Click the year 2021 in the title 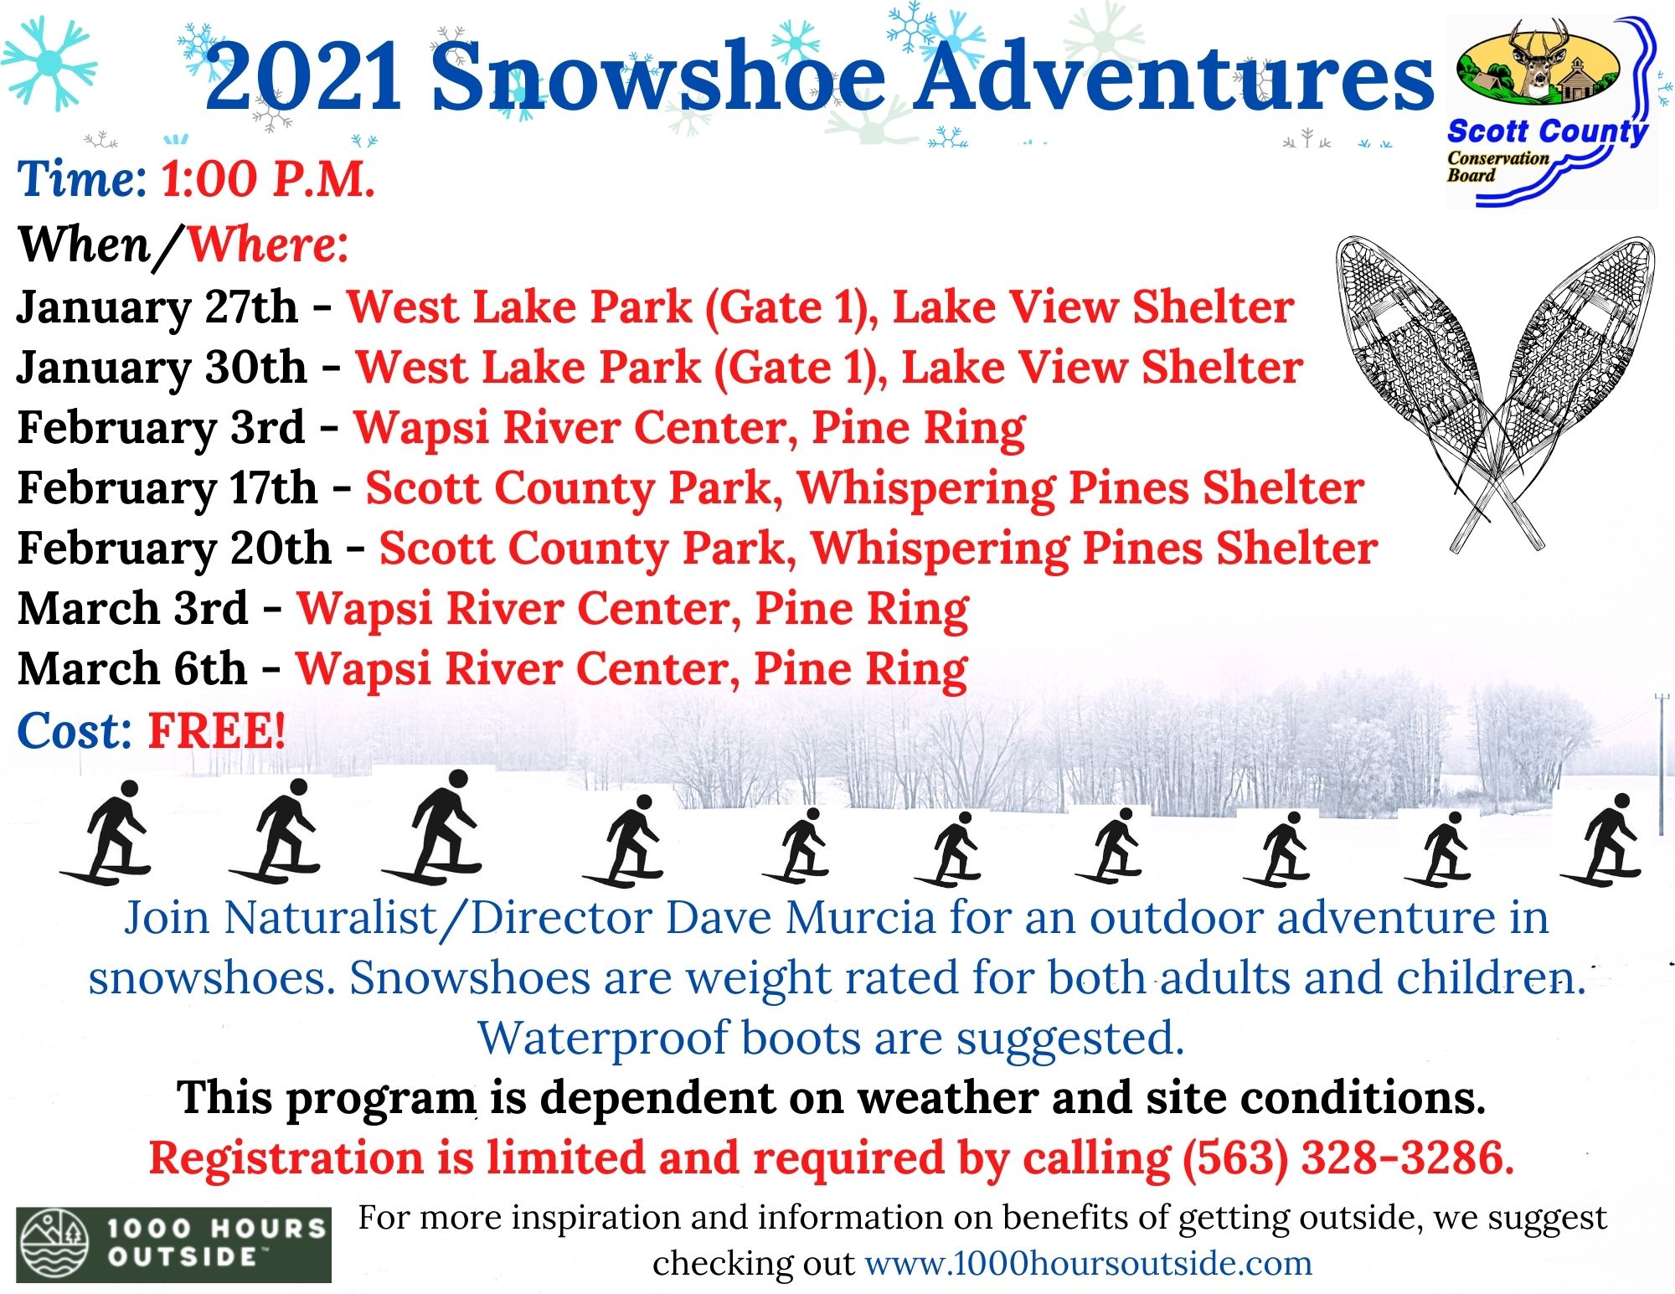click(x=303, y=77)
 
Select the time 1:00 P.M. click(x=268, y=178)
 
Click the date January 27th click(x=157, y=307)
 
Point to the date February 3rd click(x=161, y=427)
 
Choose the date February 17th click(x=167, y=487)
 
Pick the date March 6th click(x=132, y=668)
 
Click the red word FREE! click(x=217, y=730)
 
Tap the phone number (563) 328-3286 click(x=1348, y=1157)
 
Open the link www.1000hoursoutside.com click(x=1088, y=1263)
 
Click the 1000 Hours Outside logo click(x=173, y=1245)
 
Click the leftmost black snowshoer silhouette click(x=106, y=833)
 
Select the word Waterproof click(x=602, y=1039)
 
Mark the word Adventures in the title click(x=1173, y=77)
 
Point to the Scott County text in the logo click(x=1548, y=131)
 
